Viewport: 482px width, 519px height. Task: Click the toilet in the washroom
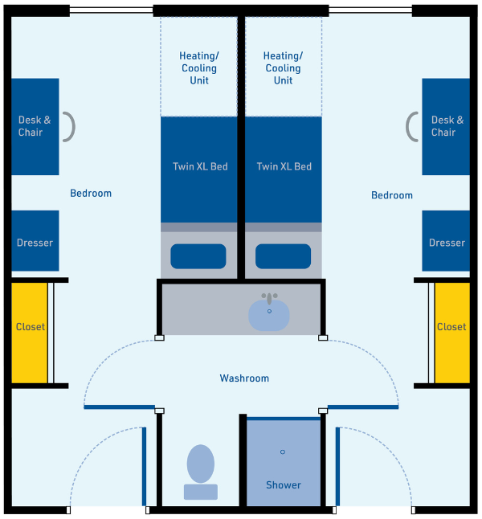point(201,470)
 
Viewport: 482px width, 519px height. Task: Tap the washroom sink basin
point(268,313)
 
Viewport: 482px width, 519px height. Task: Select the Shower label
point(284,484)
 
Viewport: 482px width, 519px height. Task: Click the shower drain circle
point(283,452)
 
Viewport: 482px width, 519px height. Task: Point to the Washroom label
point(244,378)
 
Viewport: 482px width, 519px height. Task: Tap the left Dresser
point(35,241)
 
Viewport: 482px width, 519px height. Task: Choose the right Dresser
point(447,241)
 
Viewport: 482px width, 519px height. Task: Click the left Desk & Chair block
point(35,126)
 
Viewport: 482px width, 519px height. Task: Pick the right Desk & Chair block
point(447,126)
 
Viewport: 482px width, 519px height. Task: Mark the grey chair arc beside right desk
point(411,126)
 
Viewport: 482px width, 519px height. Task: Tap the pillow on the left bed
point(198,256)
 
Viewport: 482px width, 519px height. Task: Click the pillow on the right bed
point(284,256)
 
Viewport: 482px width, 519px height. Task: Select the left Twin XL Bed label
point(200,166)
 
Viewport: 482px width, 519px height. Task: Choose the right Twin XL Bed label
point(284,166)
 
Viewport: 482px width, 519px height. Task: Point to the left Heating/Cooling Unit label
point(199,68)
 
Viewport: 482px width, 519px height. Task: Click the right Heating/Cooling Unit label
point(284,68)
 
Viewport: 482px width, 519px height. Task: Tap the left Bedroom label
point(91,193)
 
